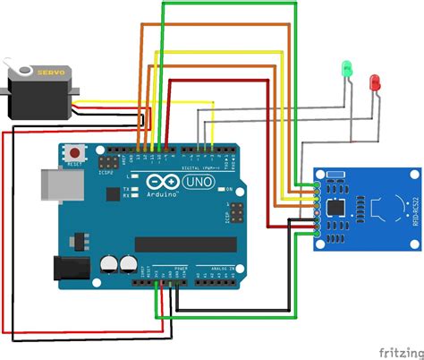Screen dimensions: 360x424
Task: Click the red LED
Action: [374, 81]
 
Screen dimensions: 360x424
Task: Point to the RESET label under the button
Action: [74, 166]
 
